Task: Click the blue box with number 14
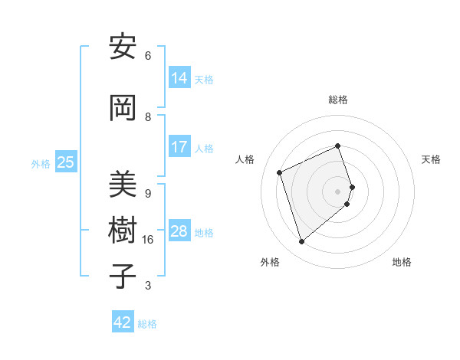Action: (x=179, y=77)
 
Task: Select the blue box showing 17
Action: (x=179, y=146)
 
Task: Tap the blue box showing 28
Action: (x=179, y=231)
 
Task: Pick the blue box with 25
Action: (x=65, y=162)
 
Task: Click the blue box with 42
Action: (x=123, y=322)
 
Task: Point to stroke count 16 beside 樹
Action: (x=148, y=240)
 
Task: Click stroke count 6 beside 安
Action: (x=148, y=56)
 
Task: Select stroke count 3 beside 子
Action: (x=148, y=286)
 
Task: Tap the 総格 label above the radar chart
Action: (x=338, y=100)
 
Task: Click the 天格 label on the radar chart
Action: (x=431, y=159)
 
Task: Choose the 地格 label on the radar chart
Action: (x=402, y=262)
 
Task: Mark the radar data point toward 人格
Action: (x=280, y=172)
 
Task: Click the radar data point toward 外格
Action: (x=301, y=242)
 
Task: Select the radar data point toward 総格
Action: (x=338, y=146)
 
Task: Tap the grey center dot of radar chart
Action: (x=338, y=191)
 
